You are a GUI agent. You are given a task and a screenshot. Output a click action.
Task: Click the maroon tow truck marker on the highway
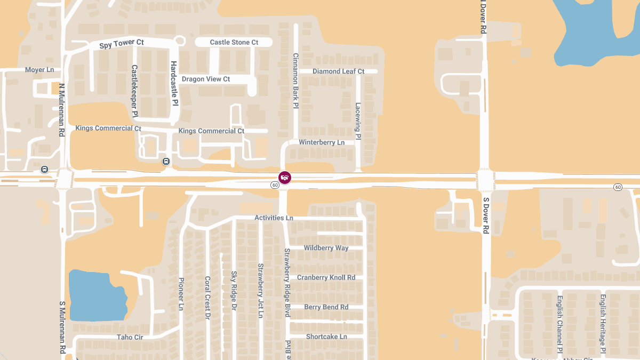coord(285,178)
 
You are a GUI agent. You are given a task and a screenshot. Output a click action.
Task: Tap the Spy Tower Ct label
coord(122,44)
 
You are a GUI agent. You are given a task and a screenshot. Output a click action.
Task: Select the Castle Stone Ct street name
coord(234,42)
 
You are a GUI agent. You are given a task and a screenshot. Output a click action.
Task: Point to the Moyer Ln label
coord(39,70)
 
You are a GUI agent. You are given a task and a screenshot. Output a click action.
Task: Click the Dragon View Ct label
coord(206,79)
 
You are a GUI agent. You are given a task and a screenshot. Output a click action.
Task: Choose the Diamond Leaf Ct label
coord(338,71)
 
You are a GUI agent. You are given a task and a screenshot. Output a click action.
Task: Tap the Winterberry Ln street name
coord(322,142)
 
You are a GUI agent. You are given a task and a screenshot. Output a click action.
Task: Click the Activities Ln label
coord(274,218)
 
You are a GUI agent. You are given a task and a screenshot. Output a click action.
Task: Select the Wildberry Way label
coord(326,247)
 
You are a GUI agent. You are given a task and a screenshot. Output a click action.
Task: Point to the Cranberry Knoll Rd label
coord(326,277)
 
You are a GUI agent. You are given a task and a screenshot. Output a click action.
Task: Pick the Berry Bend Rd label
coord(326,307)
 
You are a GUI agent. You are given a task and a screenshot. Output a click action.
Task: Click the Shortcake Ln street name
coord(326,337)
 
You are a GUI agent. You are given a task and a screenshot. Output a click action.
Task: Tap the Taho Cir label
coord(130,337)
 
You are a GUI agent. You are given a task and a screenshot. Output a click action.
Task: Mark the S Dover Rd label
coord(486,215)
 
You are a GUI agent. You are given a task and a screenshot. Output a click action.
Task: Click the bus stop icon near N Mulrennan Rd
coord(44,170)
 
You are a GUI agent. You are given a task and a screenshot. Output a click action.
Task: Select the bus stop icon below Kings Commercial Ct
coord(166,161)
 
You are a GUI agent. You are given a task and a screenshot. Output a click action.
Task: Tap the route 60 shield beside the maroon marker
coord(275,185)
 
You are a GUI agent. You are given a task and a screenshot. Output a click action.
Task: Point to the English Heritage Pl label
coord(603,323)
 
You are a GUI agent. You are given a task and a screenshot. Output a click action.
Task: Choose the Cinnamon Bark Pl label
coord(295,81)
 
